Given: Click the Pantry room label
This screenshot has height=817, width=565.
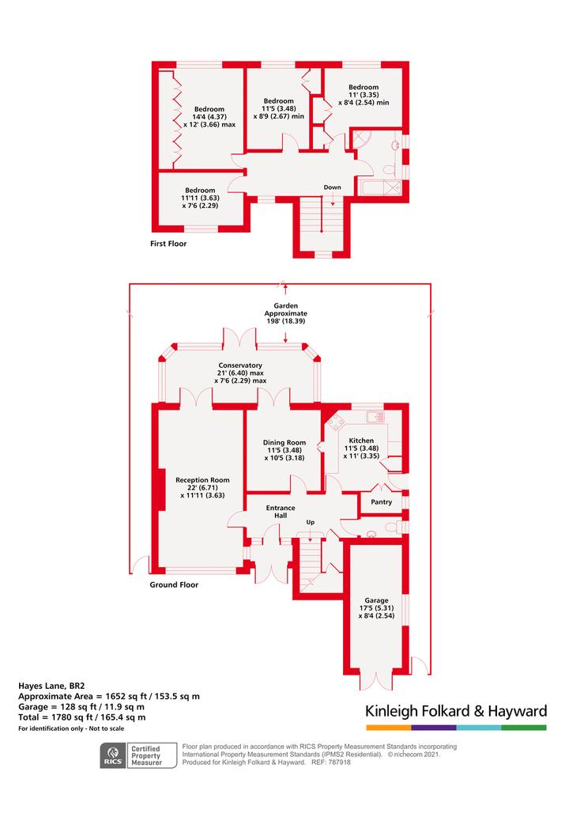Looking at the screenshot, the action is [381, 501].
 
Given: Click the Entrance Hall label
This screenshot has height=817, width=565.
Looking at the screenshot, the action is [281, 511].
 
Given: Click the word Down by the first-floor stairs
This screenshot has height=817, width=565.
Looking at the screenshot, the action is [332, 187].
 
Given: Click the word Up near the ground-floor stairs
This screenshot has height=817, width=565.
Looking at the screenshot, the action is [311, 522].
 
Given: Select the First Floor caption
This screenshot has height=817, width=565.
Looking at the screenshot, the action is [168, 244].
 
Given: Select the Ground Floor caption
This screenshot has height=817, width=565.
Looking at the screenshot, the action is [174, 584].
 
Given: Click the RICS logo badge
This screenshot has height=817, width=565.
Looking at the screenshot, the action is [113, 756].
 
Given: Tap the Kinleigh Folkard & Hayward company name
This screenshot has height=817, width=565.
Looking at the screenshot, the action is [456, 711].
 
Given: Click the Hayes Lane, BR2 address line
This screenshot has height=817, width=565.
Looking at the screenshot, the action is [51, 687].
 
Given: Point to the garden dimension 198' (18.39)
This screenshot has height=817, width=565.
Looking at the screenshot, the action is [286, 321].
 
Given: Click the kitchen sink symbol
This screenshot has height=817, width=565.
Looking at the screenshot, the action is [375, 416].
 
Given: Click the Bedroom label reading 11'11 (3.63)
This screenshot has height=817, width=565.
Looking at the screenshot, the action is [200, 198].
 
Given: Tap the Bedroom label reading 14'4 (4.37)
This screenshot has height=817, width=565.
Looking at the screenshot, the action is [209, 117].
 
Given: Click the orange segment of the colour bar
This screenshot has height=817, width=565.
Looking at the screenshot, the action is [389, 728].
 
